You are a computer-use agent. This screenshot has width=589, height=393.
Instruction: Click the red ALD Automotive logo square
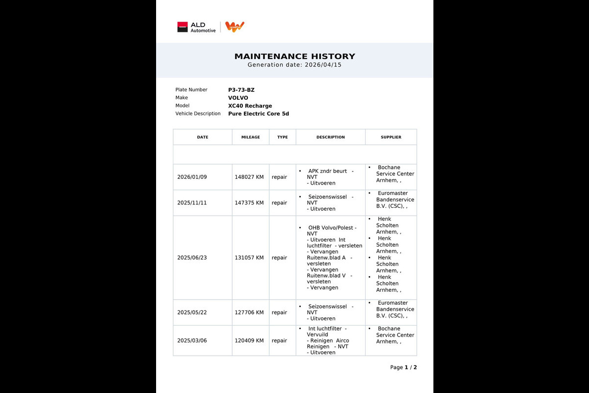tap(183, 27)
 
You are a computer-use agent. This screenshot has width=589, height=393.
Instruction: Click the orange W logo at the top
tap(235, 27)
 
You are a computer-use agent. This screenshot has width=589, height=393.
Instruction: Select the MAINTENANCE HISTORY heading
tap(294, 56)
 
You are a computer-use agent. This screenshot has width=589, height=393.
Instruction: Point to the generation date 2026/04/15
tap(323, 65)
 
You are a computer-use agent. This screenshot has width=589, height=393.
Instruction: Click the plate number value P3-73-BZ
tap(241, 90)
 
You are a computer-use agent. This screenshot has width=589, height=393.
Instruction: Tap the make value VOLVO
tap(238, 98)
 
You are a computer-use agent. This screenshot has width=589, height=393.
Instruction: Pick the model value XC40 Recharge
tap(250, 106)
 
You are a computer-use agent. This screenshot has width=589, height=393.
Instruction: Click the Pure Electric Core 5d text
tap(258, 113)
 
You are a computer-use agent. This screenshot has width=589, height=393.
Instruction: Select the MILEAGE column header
tap(250, 137)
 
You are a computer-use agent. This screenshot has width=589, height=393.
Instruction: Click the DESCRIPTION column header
tap(330, 137)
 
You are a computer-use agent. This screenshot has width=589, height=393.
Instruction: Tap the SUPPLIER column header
tap(391, 137)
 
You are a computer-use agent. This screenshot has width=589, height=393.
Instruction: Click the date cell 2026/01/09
tap(192, 177)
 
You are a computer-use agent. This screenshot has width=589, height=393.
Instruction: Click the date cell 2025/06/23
tap(192, 257)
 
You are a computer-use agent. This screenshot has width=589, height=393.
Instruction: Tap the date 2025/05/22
tap(192, 312)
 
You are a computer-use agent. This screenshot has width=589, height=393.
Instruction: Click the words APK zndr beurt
tap(327, 171)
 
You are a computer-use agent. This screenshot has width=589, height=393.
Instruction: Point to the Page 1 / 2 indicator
tap(403, 367)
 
